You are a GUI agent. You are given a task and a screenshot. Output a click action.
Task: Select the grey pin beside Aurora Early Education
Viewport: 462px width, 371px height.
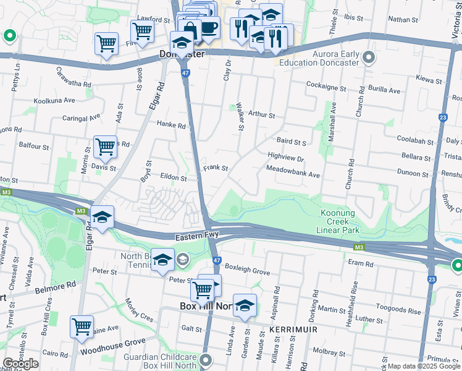[369, 59]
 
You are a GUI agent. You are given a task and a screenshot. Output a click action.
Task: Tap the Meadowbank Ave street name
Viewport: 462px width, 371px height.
[293, 175]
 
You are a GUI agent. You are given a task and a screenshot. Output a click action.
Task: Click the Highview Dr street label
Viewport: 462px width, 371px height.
[286, 158]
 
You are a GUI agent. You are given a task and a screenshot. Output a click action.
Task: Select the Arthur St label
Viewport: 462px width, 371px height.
[261, 114]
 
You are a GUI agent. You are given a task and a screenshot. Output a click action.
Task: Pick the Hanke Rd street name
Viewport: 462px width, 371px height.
[171, 126]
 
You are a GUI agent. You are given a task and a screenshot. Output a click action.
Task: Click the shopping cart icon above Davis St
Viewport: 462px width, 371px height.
[105, 147]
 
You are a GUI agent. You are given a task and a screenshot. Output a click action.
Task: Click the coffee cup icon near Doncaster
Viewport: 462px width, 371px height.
[209, 28]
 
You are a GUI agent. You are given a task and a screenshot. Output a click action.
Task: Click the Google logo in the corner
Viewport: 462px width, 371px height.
[20, 364]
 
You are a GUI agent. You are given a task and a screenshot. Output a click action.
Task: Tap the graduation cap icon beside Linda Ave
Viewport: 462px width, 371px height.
[245, 305]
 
